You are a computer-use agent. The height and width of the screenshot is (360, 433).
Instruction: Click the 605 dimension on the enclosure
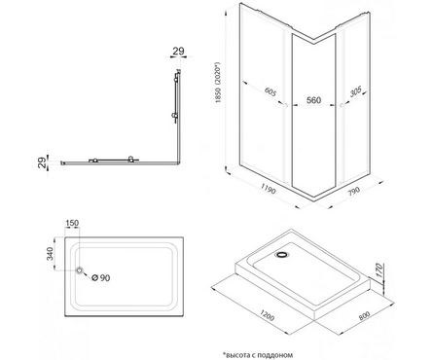tap(270, 91)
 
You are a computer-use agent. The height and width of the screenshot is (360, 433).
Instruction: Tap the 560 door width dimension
tap(313, 100)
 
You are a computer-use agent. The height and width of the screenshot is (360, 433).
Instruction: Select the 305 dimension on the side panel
tap(356, 92)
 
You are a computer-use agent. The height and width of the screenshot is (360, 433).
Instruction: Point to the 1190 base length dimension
tap(268, 189)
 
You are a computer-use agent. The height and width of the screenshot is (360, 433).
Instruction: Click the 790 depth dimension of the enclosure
tap(354, 192)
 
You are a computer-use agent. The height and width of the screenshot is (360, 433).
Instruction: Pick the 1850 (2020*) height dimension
tap(220, 83)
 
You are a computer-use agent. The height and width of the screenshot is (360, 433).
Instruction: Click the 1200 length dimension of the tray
tap(267, 314)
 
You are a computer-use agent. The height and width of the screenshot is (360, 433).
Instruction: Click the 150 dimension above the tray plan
tap(72, 223)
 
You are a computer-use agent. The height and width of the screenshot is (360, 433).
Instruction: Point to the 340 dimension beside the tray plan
tap(50, 254)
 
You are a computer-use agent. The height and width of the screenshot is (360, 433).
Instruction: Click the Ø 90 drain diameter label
tap(100, 277)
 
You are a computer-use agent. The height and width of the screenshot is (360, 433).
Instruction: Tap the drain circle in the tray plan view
tap(80, 270)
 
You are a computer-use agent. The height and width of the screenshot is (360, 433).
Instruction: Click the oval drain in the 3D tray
tap(282, 255)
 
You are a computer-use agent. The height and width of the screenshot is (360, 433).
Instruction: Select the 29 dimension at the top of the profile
tap(178, 51)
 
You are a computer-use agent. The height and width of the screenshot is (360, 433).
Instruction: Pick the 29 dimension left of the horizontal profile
tap(42, 162)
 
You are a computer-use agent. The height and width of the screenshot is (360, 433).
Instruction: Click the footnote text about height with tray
tap(258, 355)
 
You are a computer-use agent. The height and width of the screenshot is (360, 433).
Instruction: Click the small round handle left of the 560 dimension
tap(286, 105)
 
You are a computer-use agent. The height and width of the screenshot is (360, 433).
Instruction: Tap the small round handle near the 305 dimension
tap(342, 105)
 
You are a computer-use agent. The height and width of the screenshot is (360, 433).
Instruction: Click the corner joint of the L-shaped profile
tap(178, 162)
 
